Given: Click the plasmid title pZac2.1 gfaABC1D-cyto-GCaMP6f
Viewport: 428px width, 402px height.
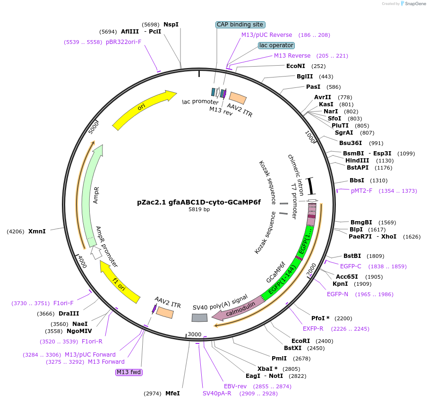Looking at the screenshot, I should [199, 202].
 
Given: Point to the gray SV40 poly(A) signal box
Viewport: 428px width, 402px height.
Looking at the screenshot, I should [199, 318].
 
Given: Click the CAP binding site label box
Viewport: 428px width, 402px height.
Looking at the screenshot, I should [240, 25].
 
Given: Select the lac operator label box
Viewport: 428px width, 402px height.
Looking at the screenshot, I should [276, 45].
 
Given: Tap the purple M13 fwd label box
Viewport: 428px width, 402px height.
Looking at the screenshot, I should [129, 372].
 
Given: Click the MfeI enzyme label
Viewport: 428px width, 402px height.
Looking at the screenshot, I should [172, 393].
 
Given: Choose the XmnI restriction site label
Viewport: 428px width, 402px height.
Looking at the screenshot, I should [37, 231].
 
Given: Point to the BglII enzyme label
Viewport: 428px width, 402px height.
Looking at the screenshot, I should [305, 77].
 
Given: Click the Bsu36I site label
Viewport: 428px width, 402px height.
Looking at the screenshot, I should [351, 143].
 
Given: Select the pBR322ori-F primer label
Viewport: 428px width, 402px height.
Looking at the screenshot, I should [123, 42].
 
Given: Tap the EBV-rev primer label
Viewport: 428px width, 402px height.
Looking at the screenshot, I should [235, 386].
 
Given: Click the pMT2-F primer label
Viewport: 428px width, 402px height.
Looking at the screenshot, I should [361, 191].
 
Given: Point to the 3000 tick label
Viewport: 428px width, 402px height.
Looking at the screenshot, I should [195, 334].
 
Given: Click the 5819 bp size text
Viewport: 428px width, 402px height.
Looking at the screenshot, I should [199, 209].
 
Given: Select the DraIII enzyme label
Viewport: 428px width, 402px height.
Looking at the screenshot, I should [69, 314].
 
